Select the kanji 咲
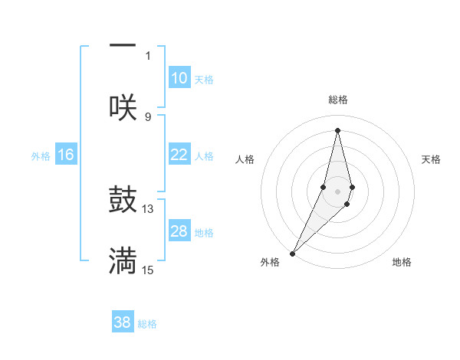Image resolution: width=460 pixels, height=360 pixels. (123, 107)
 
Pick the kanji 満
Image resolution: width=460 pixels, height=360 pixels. (123, 261)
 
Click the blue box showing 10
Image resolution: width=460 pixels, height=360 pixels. (179, 78)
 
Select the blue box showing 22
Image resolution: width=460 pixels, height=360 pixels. (179, 155)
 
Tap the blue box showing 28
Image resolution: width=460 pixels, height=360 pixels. (179, 231)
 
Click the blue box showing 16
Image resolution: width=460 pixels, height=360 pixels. (66, 155)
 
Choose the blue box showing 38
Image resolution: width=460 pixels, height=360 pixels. (123, 322)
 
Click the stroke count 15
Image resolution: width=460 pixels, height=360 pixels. (148, 270)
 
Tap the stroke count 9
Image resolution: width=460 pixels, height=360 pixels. (148, 116)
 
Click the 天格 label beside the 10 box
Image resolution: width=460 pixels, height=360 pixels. (204, 80)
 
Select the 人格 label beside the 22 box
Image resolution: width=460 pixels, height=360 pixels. (204, 156)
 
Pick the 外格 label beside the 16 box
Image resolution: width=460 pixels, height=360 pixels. (41, 156)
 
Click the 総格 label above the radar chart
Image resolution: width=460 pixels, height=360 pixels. (337, 100)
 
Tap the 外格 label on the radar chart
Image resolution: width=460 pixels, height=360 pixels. (270, 262)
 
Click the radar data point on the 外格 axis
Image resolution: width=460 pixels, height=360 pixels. (293, 253)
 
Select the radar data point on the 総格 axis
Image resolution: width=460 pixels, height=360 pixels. (337, 130)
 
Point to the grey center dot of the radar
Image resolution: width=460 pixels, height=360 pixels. (337, 191)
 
